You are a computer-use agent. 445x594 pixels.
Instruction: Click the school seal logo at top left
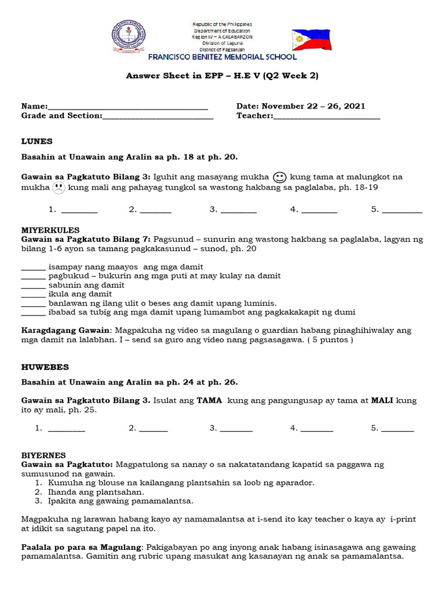point(129,38)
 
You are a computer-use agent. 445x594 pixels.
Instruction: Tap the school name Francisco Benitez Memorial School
point(222,57)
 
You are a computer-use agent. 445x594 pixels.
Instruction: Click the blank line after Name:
point(127,107)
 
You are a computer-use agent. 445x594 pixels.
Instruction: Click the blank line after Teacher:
point(327,117)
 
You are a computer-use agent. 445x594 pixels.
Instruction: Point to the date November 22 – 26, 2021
point(313,106)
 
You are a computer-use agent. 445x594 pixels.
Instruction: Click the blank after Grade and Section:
point(158,117)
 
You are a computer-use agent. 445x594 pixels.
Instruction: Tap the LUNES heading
point(37,141)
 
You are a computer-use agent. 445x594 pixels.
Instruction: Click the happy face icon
point(279,177)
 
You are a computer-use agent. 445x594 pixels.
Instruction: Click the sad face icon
point(59,187)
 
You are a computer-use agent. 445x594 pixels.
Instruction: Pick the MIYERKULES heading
point(50,230)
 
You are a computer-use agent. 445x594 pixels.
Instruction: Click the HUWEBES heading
point(45,367)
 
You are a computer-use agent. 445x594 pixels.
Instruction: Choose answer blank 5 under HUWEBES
point(398,429)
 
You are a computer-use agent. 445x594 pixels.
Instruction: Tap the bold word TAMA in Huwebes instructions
point(209,400)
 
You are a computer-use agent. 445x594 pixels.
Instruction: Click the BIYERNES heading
point(43,455)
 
